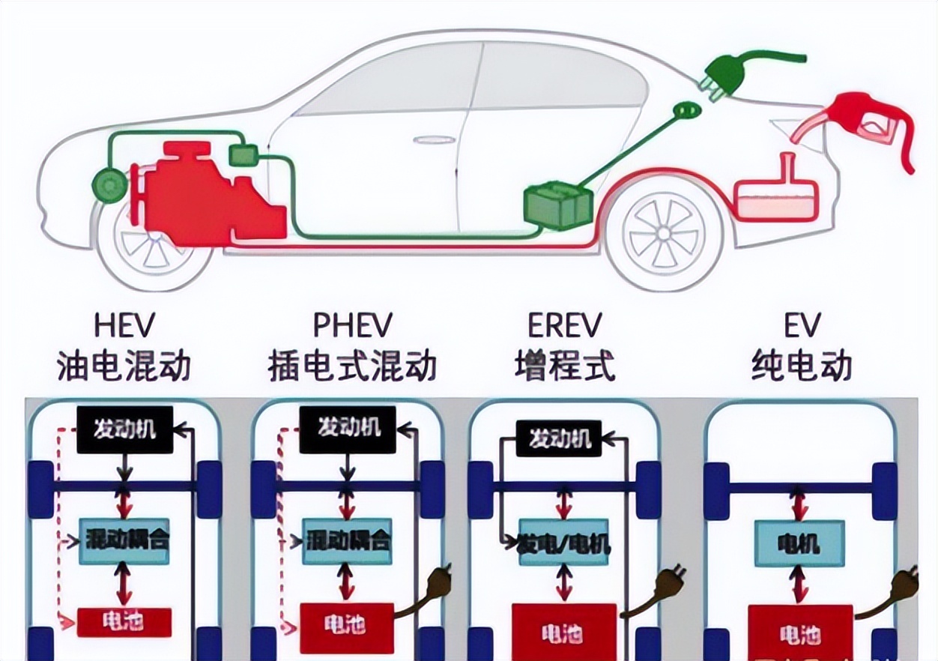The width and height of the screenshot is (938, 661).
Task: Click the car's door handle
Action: click(428, 140)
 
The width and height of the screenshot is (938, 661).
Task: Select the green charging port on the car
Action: click(686, 112)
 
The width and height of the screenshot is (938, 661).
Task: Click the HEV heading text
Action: click(124, 327)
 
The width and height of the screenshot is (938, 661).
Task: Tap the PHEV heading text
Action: click(352, 327)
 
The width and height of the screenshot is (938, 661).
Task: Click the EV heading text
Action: click(802, 327)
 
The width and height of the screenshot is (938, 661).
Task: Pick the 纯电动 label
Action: click(802, 366)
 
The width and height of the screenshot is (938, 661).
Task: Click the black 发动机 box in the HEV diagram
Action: click(125, 429)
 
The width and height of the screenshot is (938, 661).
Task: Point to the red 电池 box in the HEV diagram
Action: click(124, 621)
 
